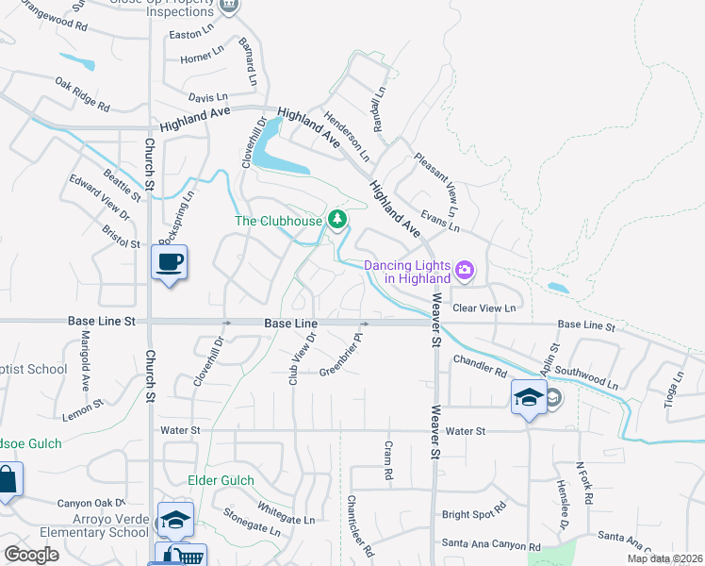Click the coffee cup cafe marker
pos(170,261)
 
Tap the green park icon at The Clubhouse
pos(336,220)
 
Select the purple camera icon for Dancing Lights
pos(464,271)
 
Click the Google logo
pos(31,555)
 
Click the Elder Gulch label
pos(221,480)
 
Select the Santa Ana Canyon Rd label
pos(490,546)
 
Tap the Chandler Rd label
pos(480,364)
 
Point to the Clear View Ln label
pos(484,308)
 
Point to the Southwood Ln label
pos(585,377)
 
